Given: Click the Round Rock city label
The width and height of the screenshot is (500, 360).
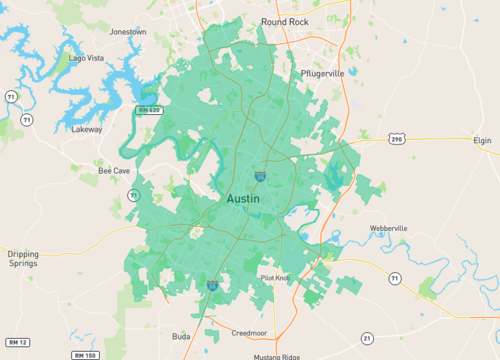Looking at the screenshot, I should [x=287, y=21].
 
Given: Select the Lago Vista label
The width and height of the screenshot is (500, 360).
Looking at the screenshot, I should [x=86, y=58].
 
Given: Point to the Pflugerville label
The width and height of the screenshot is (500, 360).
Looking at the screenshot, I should [x=321, y=74].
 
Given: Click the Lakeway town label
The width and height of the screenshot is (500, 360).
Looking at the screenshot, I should [x=87, y=129].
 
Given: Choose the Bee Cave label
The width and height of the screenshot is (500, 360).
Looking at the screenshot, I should [x=114, y=171].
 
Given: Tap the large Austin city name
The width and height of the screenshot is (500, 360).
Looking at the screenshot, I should [x=243, y=199].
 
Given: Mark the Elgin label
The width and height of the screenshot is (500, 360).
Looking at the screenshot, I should [x=485, y=142].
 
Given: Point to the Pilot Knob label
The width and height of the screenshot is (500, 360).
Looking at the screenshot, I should [x=274, y=278].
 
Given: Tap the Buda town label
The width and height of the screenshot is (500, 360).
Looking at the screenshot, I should [x=181, y=335].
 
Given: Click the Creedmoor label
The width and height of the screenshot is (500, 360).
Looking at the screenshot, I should [x=249, y=333].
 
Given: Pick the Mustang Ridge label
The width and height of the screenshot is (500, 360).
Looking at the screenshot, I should [x=275, y=356].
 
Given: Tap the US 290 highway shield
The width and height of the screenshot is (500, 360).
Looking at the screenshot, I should [x=397, y=139].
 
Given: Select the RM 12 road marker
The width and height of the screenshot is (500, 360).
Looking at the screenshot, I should [x=16, y=342].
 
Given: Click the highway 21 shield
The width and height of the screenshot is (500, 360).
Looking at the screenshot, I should [x=367, y=337].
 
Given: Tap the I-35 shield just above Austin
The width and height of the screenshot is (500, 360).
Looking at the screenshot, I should [x=260, y=177].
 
